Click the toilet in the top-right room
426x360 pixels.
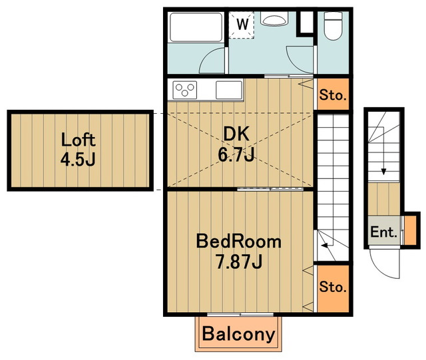[333, 26]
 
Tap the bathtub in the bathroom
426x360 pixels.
[196, 27]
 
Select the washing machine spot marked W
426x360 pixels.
[242, 25]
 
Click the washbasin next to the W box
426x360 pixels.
[274, 19]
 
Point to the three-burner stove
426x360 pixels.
[185, 90]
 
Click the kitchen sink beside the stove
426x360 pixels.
[229, 90]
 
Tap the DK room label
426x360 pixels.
[236, 134]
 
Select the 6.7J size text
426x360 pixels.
[236, 154]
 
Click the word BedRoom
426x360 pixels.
[238, 242]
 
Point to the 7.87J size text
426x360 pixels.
[239, 262]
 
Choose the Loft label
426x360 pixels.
[78, 140]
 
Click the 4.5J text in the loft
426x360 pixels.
[78, 159]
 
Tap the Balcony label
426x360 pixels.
[238, 334]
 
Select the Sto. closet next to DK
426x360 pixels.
[333, 94]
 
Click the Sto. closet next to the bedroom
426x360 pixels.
[333, 289]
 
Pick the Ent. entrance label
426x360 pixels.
[383, 232]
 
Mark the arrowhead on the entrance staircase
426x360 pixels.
[383, 172]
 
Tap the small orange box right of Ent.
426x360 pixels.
[411, 230]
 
